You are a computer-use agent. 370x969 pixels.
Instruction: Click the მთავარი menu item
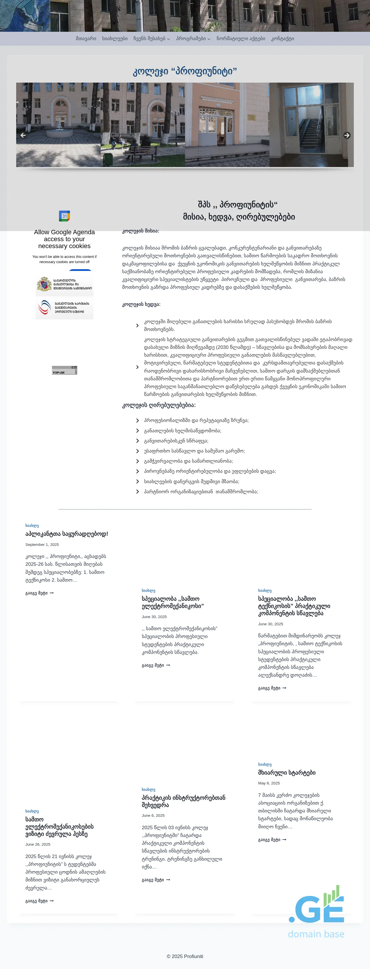point(86,39)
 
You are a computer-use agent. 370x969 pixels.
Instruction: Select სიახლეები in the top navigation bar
point(115,39)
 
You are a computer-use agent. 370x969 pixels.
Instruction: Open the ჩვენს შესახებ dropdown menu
point(151,39)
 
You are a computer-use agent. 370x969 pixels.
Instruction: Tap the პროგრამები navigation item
point(193,39)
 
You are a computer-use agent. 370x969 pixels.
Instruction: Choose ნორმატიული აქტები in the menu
point(241,39)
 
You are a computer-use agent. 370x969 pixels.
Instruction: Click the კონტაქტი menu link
point(283,39)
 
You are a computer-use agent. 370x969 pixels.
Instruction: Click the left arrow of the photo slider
point(23,135)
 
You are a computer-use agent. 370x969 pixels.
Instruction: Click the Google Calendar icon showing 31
point(64,216)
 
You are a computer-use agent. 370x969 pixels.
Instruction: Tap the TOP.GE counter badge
point(64,370)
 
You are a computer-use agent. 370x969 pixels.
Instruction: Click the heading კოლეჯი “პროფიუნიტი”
point(185,71)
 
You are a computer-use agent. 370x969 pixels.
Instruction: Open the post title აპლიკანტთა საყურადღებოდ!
point(66,534)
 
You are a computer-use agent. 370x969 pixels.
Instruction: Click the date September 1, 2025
point(42,545)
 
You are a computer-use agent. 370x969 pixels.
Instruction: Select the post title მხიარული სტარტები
point(287,773)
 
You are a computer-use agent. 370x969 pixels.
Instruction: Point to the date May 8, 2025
point(269,783)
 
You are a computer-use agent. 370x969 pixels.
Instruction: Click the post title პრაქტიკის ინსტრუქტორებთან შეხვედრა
point(184,801)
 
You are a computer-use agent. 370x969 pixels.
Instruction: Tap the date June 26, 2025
point(38,845)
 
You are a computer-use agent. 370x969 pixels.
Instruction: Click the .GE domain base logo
point(316,912)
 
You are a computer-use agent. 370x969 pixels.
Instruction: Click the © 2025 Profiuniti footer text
point(185,956)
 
